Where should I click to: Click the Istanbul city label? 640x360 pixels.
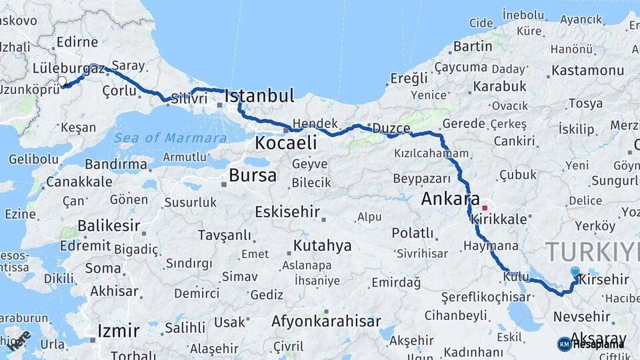pyautogui.click(x=259, y=96)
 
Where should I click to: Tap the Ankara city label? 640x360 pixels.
pyautogui.click(x=450, y=199)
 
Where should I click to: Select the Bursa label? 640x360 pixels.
pyautogui.click(x=252, y=175)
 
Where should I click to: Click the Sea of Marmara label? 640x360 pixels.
pyautogui.click(x=170, y=138)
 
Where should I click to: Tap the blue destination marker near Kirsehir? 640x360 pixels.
pyautogui.click(x=575, y=272)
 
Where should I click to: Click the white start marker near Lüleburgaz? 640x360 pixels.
pyautogui.click(x=62, y=81)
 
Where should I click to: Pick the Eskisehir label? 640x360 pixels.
pyautogui.click(x=287, y=212)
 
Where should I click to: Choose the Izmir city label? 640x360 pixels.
pyautogui.click(x=118, y=331)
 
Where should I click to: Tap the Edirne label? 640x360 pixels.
pyautogui.click(x=77, y=42)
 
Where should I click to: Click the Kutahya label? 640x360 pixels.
pyautogui.click(x=322, y=246)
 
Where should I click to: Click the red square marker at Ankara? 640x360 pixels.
pyautogui.click(x=485, y=207)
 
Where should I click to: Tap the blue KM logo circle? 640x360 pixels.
pyautogui.click(x=564, y=344)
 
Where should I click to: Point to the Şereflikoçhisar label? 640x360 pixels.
pyautogui.click(x=485, y=297)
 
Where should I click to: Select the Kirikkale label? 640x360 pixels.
pyautogui.click(x=499, y=219)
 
